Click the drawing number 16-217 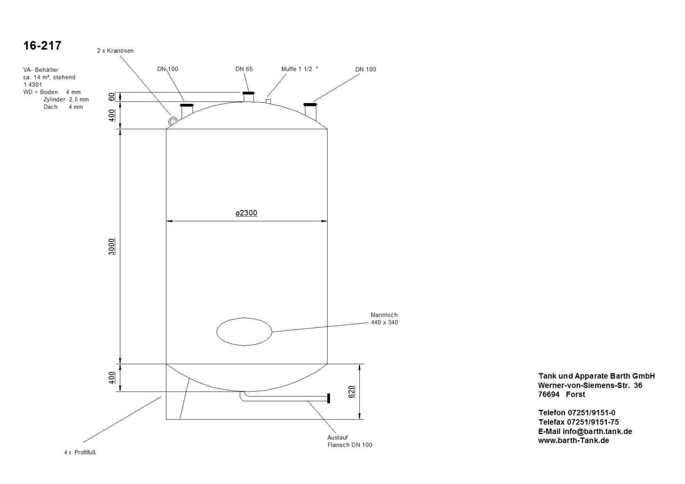pyautogui.click(x=42, y=46)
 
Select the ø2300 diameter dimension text pyautogui.click(x=246, y=213)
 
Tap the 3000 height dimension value pyautogui.click(x=112, y=247)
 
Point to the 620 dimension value pyautogui.click(x=351, y=392)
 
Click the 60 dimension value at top pyautogui.click(x=112, y=97)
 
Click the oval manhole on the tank pyautogui.click(x=244, y=332)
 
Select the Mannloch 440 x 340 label pyautogui.click(x=385, y=319)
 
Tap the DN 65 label pyautogui.click(x=244, y=69)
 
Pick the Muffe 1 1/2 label pyautogui.click(x=300, y=69)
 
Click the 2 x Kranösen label pyautogui.click(x=115, y=51)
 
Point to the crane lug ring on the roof pyautogui.click(x=173, y=121)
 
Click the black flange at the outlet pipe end pyautogui.click(x=329, y=398)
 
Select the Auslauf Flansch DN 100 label pyautogui.click(x=350, y=441)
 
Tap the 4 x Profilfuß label pyautogui.click(x=80, y=452)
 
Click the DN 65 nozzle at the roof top pyautogui.click(x=249, y=97)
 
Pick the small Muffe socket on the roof pyautogui.click(x=268, y=101)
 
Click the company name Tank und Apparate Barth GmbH pyautogui.click(x=597, y=376)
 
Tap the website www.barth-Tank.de pyautogui.click(x=574, y=440)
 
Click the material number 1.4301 pyautogui.click(x=33, y=85)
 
